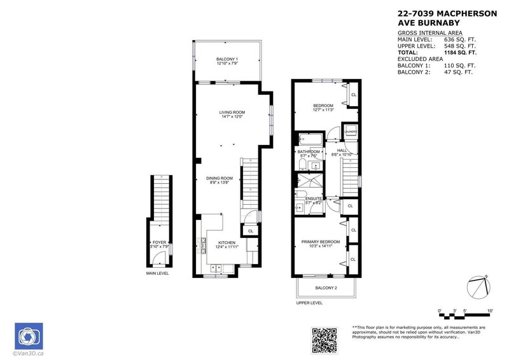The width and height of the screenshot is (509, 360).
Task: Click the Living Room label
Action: point(232,112)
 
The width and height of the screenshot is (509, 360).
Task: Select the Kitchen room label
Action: point(227,242)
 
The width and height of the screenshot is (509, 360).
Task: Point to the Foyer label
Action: point(159,242)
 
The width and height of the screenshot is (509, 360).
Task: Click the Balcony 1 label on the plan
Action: point(227,59)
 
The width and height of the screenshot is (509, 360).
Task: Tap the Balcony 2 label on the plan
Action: point(326,288)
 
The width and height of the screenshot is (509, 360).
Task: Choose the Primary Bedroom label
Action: point(325,242)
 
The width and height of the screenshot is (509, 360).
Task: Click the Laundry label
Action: point(351,132)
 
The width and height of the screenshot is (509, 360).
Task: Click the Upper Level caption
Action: point(309,303)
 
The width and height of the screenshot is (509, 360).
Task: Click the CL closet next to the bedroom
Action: point(353,95)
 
